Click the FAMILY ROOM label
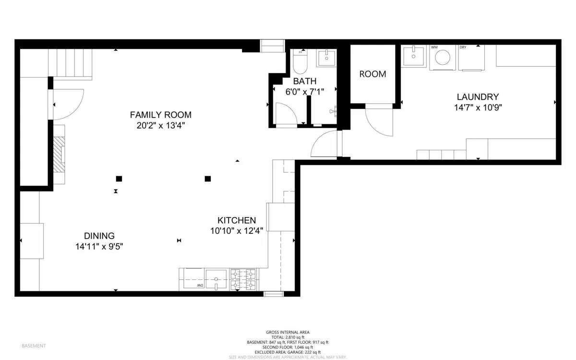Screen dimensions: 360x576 160,115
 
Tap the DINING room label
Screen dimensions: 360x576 99,236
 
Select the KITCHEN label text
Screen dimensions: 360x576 237,220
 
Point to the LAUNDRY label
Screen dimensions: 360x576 478,97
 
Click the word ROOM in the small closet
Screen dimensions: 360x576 372,74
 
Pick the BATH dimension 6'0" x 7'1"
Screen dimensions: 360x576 305,92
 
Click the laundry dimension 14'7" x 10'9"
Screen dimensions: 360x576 478,108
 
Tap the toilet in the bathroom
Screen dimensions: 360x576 300,62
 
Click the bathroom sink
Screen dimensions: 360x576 327,58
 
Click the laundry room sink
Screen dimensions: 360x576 412,56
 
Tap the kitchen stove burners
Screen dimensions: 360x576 243,280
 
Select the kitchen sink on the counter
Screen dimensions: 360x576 216,278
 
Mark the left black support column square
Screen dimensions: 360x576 119,179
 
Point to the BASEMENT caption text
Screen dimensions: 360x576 34,346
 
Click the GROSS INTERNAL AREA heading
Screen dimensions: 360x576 288,332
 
